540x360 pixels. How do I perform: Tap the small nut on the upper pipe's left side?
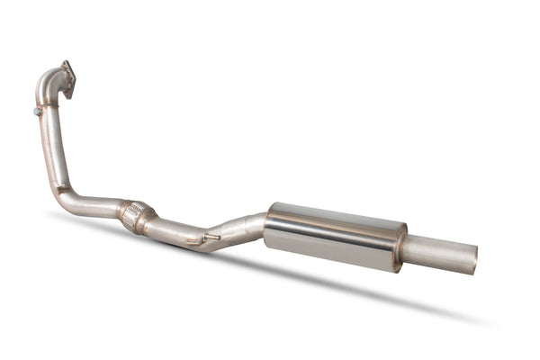tap(38, 112)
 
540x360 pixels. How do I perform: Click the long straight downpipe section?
tap(50, 144)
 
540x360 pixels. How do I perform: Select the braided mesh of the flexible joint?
tap(137, 215)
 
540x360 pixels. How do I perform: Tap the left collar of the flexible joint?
tap(123, 209)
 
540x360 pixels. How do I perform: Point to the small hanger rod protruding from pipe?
tap(209, 238)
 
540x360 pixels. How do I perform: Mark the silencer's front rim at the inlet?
tap(269, 224)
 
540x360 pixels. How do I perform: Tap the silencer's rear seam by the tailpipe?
tap(399, 244)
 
